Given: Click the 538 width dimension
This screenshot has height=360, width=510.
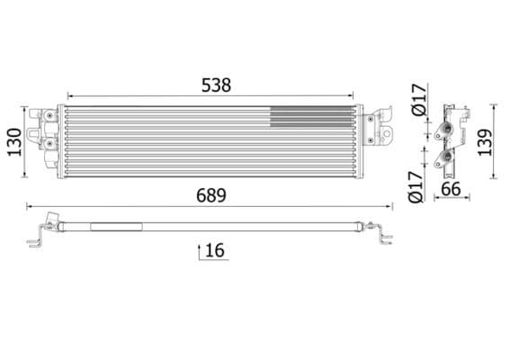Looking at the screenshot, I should (x=216, y=85).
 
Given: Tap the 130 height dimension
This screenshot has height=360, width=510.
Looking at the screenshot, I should (x=13, y=140).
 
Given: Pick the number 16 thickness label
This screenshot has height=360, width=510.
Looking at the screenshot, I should (x=215, y=250).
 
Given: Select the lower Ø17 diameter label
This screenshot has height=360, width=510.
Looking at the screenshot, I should (x=416, y=185).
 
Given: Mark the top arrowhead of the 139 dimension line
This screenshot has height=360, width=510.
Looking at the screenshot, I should (x=492, y=106).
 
